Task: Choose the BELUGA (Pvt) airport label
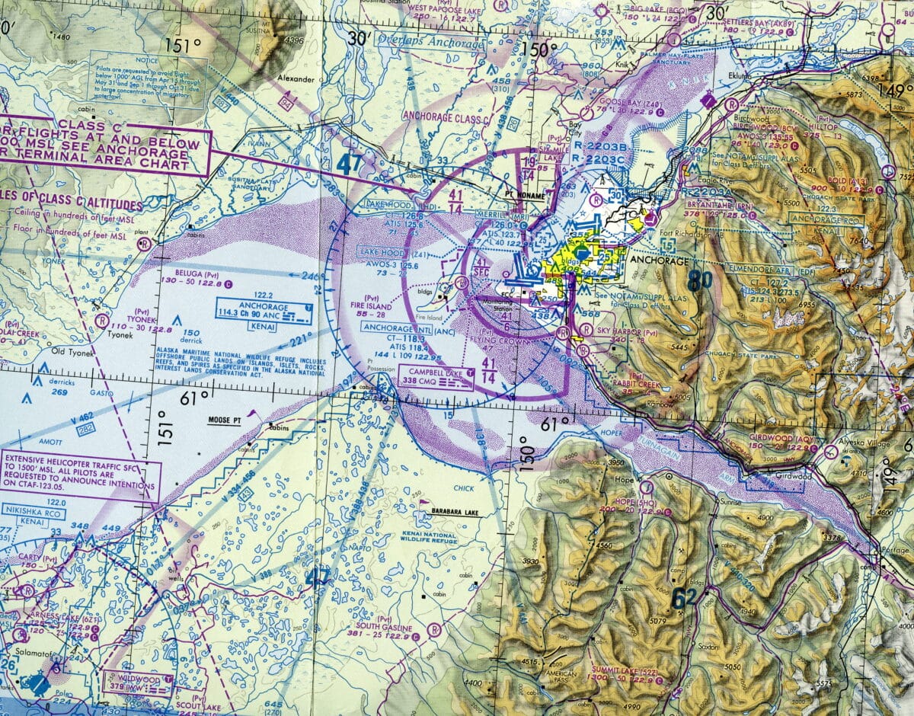(179, 271)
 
